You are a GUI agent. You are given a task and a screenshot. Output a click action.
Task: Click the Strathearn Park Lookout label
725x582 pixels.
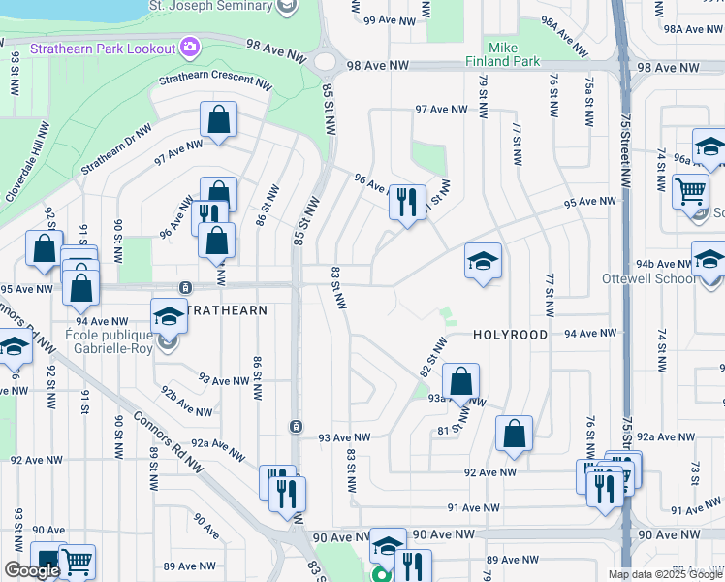coord(102,48)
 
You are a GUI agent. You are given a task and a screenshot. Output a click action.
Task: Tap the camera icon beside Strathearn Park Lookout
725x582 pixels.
coord(189,47)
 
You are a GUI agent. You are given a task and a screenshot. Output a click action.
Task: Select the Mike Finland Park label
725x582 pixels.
coord(513,53)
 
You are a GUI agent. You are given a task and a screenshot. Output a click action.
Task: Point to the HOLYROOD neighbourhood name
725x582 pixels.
coord(511,335)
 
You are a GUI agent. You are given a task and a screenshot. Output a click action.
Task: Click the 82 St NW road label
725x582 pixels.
coord(432,358)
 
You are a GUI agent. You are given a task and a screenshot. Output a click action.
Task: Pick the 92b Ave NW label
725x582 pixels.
coord(184,397)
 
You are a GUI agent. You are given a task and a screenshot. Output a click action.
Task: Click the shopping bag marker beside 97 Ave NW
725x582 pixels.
coord(219,120)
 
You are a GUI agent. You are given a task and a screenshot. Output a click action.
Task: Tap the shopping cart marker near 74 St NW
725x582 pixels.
coord(690,190)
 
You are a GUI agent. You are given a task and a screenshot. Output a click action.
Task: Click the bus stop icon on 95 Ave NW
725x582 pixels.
coord(185,287)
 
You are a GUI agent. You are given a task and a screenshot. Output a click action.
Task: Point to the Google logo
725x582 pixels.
coord(31,570)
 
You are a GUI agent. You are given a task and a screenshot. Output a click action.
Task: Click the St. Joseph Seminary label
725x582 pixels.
coord(223,6)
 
